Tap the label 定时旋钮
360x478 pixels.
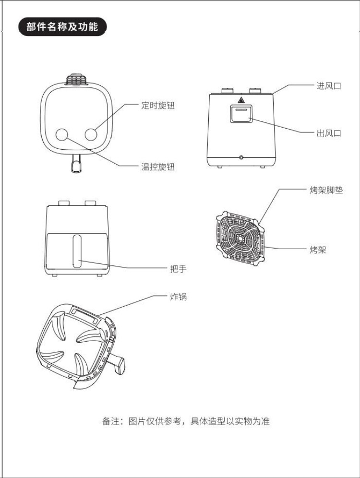pos(157,105)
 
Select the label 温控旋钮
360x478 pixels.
pos(157,167)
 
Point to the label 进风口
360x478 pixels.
pos(329,86)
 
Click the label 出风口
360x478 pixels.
pos(329,133)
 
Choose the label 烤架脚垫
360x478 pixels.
pos(326,190)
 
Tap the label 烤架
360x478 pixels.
pos(318,250)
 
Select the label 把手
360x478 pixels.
pos(178,269)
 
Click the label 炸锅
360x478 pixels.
pos(178,297)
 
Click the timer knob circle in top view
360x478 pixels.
pos(93,134)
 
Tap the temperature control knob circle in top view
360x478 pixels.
pos(62,134)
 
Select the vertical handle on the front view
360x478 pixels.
pos(77,251)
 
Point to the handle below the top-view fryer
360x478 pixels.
pos(75,163)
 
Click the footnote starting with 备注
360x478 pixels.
pos(186,421)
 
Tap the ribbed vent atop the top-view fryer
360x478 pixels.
pos(76,78)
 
